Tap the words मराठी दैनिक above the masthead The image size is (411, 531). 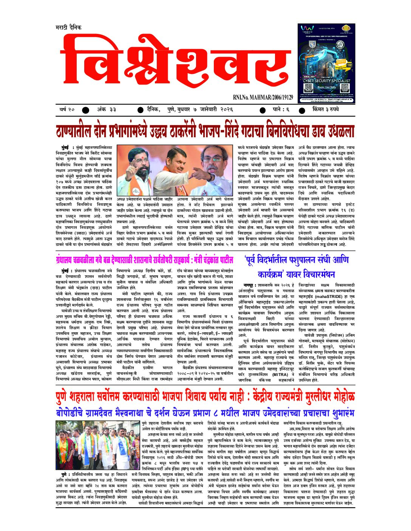tap(68, 28)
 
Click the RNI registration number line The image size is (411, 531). tap(263, 97)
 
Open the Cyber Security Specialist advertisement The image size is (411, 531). tap(326, 63)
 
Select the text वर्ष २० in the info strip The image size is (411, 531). tap(67, 110)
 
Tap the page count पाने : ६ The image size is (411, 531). tap(281, 110)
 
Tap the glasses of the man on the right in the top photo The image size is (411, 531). tap(215, 160)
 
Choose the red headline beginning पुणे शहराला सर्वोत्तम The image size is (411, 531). tap(205, 397)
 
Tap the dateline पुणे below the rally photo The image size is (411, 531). tap(64, 474)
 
